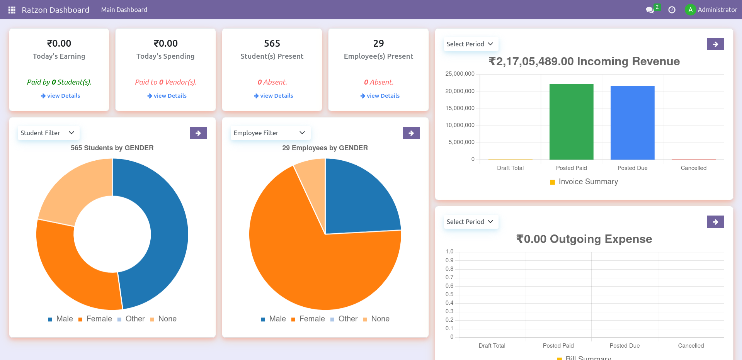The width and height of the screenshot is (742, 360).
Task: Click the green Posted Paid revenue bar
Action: point(571,122)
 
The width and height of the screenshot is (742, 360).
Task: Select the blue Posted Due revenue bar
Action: point(632,123)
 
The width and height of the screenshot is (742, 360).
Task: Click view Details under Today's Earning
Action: point(60,96)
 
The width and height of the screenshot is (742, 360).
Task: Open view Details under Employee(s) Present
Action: point(380,96)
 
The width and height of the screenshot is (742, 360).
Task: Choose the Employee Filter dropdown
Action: point(270,133)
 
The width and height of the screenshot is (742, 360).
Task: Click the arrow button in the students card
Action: point(198,133)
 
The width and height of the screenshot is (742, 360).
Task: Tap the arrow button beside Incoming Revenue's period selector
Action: point(715,44)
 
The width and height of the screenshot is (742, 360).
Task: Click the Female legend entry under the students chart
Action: point(99,319)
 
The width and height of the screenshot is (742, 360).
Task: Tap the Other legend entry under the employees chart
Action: point(348,319)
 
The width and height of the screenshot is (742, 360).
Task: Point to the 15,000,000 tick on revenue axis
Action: point(460,108)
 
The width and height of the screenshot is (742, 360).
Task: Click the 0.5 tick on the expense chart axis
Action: point(449,294)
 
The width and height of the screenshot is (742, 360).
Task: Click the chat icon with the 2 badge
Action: point(650,10)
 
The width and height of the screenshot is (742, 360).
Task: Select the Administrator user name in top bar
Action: point(717,10)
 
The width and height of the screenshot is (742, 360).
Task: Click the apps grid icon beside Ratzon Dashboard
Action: point(12,10)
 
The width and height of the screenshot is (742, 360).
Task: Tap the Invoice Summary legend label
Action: point(588,182)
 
